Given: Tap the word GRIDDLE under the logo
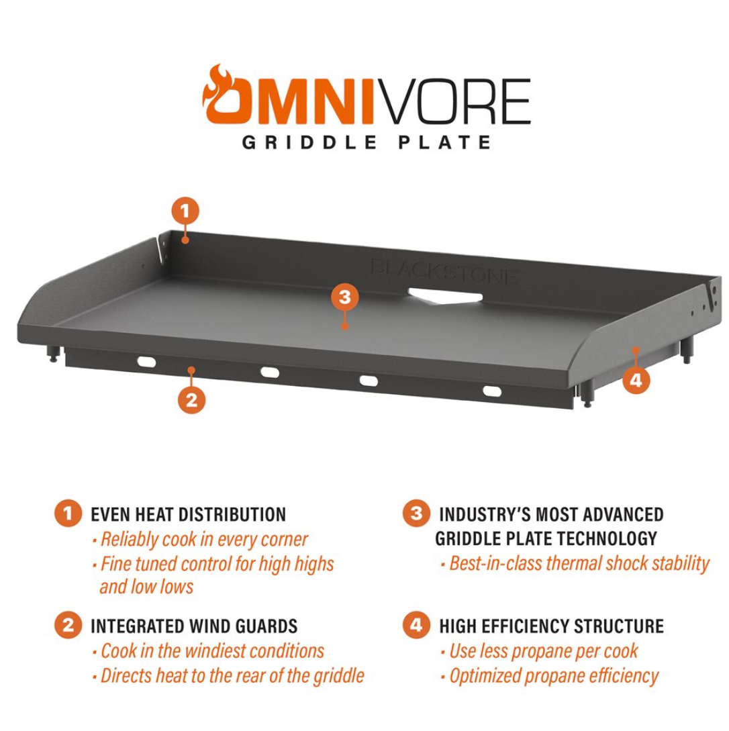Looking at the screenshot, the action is (309, 142).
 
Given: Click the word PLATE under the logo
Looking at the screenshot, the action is (445, 142).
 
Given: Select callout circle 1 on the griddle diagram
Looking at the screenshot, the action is (185, 211).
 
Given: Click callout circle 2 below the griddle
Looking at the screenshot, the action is (191, 400).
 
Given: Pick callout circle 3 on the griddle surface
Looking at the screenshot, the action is (345, 297).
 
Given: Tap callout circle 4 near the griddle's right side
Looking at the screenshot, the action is (636, 380).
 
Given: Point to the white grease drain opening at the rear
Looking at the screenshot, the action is (445, 297).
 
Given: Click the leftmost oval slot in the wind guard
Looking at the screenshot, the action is (146, 362).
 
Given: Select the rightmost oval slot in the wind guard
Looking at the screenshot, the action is (492, 391).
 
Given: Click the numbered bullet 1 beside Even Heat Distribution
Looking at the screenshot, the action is (68, 514).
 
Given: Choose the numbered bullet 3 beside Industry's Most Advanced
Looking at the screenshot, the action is (416, 514).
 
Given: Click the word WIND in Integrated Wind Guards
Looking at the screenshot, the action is (208, 626).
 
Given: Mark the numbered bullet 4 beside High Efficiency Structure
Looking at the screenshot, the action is (416, 625).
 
